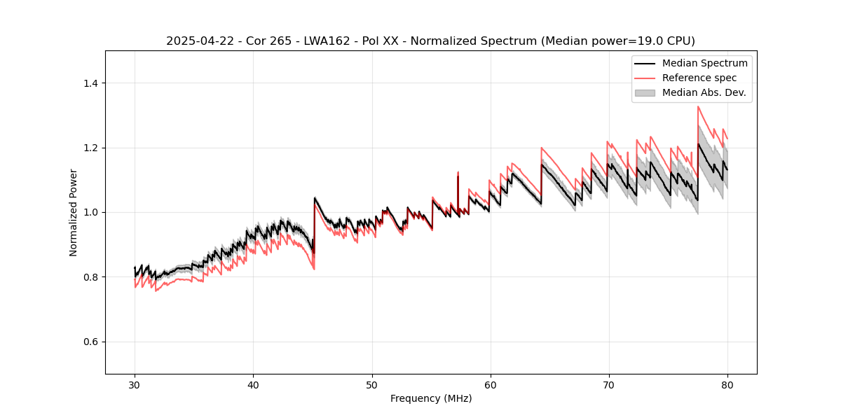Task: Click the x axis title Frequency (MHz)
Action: click(x=431, y=398)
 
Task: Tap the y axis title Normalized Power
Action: click(x=74, y=212)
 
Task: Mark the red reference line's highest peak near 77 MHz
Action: click(x=698, y=106)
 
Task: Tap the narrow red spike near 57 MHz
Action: click(x=458, y=172)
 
